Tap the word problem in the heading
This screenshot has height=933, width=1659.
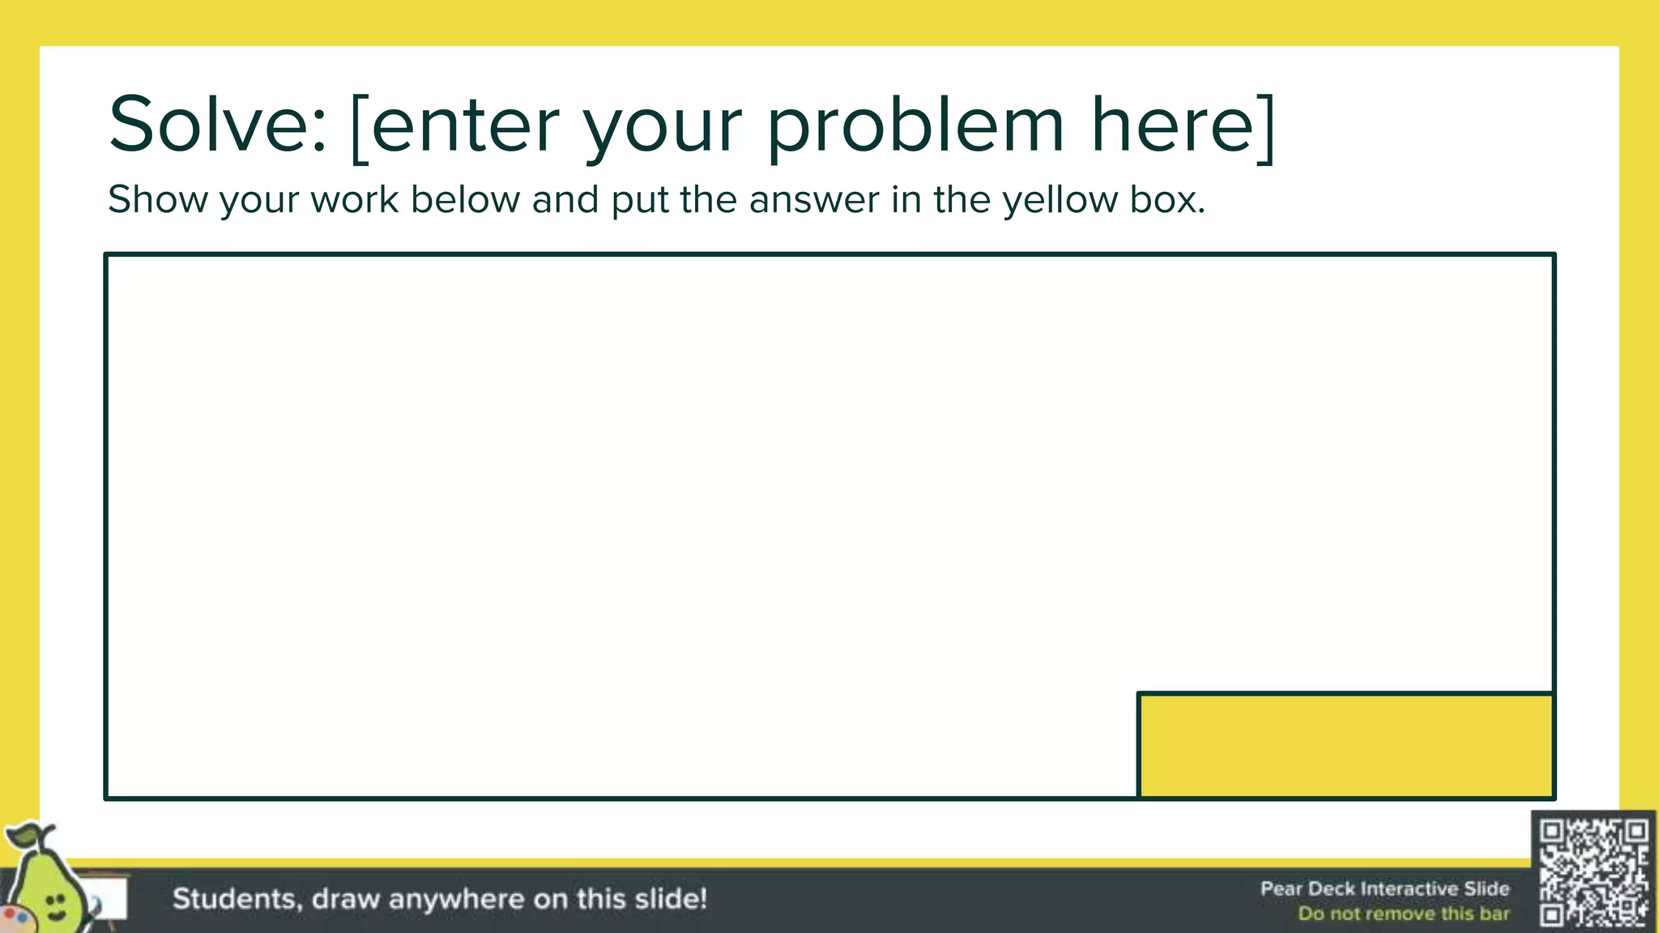[x=915, y=128]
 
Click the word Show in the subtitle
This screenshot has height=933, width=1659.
[x=158, y=199]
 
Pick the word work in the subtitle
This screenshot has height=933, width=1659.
[x=354, y=199]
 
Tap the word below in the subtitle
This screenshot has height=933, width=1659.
[x=465, y=199]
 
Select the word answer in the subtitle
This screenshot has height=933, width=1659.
[x=814, y=201]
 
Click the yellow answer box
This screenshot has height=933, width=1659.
[x=1346, y=745]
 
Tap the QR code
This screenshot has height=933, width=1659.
[x=1593, y=871]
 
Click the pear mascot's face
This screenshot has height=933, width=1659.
[x=54, y=905]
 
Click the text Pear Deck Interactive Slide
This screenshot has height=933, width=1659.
[x=1384, y=888]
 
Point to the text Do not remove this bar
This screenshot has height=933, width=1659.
[x=1403, y=914]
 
